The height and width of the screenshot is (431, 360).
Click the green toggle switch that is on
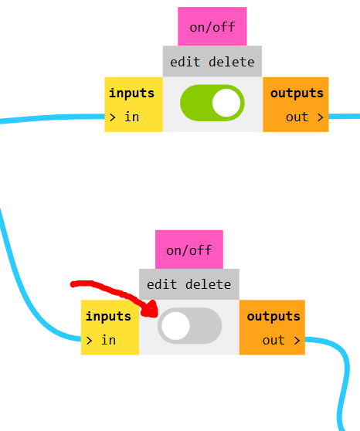(x=212, y=103)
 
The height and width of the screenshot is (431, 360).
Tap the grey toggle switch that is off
(x=189, y=326)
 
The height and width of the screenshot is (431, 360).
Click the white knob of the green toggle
(x=226, y=103)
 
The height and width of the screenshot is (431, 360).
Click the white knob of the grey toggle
(x=175, y=326)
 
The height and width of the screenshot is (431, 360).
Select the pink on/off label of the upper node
(x=212, y=26)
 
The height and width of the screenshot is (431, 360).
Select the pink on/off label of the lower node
(x=189, y=249)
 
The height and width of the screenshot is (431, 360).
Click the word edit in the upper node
(x=185, y=62)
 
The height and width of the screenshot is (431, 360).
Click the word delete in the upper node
(x=232, y=62)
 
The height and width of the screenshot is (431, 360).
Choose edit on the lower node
(x=161, y=284)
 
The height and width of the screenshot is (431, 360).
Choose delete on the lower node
(x=208, y=284)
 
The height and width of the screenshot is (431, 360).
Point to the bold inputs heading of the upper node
(x=132, y=93)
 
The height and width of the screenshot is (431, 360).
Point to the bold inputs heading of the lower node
(x=108, y=317)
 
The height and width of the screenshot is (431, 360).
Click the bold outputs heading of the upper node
(x=297, y=93)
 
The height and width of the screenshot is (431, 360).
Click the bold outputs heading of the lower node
(x=273, y=317)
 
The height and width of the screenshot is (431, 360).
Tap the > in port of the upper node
(x=124, y=117)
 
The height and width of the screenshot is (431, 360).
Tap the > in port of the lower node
(x=100, y=341)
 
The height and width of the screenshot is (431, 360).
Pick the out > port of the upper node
(x=304, y=117)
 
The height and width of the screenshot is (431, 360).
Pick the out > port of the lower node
(x=281, y=341)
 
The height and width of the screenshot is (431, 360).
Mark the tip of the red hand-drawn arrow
(x=157, y=315)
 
